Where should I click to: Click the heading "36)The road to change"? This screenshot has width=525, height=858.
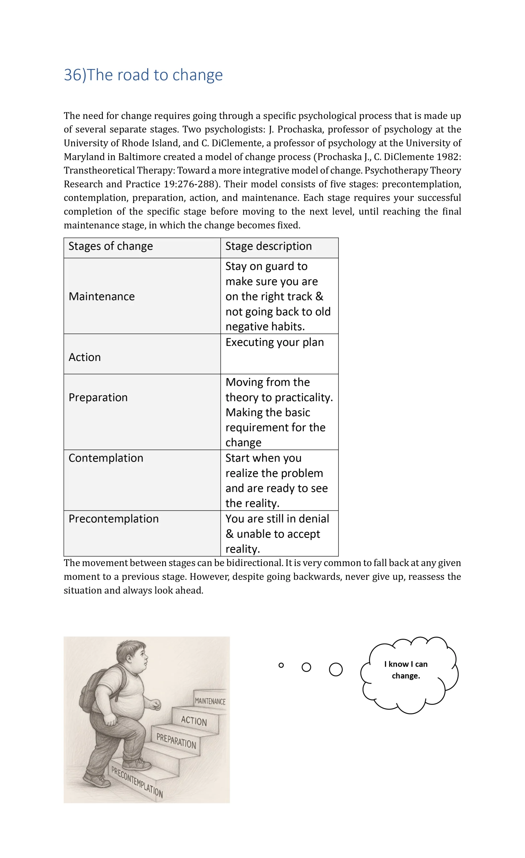(x=143, y=75)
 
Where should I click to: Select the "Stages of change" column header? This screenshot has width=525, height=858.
(x=110, y=246)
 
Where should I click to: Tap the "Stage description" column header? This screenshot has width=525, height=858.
(x=268, y=246)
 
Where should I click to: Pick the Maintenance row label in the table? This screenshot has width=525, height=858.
(x=101, y=296)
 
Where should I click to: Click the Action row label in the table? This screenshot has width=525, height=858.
(x=85, y=357)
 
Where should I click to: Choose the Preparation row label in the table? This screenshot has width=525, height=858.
(x=98, y=397)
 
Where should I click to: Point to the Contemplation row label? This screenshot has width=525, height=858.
(x=106, y=458)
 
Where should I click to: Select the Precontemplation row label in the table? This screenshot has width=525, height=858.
(x=114, y=518)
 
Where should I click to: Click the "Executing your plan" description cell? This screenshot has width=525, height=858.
(x=275, y=342)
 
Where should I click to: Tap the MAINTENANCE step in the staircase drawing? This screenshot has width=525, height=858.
(x=210, y=701)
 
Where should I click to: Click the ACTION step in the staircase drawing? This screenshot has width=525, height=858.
(x=194, y=721)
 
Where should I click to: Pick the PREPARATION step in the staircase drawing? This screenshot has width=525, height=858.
(x=176, y=741)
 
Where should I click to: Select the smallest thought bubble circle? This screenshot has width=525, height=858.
(x=281, y=665)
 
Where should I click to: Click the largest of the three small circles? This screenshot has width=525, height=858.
(x=335, y=669)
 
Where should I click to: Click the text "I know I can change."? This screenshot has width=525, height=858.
(x=406, y=670)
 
